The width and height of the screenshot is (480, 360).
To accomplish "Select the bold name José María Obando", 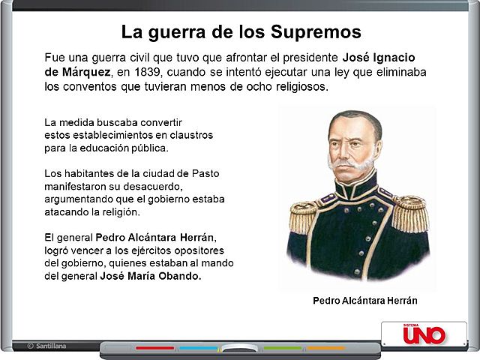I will point(151,276).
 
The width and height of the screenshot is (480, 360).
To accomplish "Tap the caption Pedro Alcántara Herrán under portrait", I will point(364,300).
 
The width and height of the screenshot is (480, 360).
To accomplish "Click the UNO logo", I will point(424,334).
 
